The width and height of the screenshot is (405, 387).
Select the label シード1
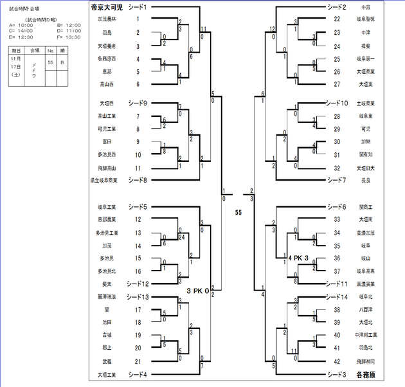point(138,7)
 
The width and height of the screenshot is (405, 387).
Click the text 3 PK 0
point(198,291)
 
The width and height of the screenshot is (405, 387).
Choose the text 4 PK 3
point(300,258)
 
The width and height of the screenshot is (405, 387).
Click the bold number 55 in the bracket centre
point(239,212)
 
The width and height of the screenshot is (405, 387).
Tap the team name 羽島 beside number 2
point(107,32)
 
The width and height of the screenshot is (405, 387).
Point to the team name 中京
point(365,7)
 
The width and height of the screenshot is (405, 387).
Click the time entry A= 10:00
point(21,25)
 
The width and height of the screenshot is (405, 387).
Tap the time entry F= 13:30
point(69,37)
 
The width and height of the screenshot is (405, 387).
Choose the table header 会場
point(33,50)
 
